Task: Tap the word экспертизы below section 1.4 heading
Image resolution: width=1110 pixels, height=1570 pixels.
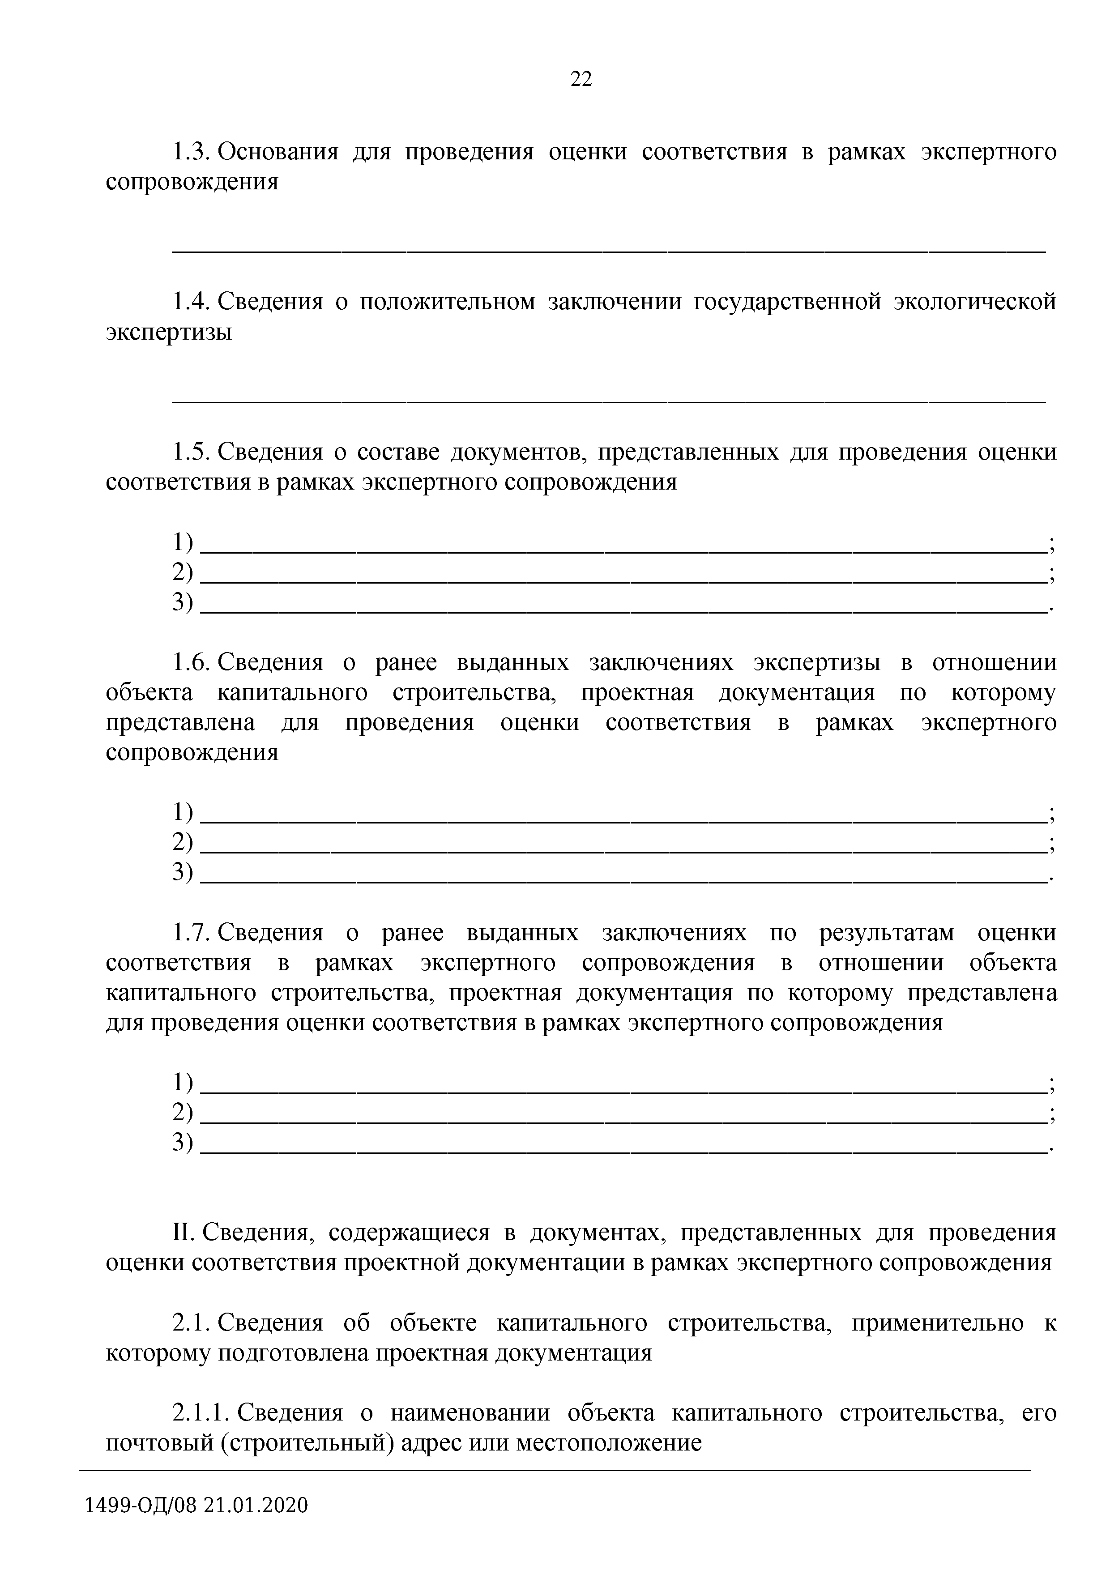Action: (168, 333)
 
